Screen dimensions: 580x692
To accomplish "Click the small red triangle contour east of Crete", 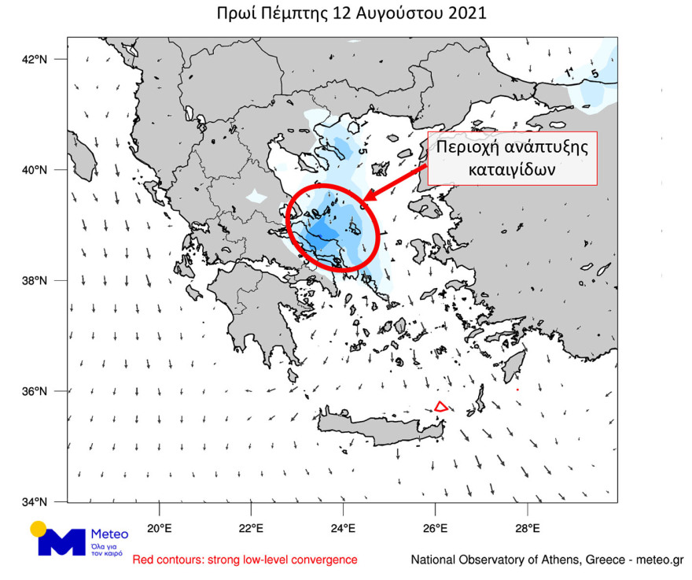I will (x=441, y=407).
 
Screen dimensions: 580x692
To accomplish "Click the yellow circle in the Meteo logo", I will (x=39, y=529).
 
